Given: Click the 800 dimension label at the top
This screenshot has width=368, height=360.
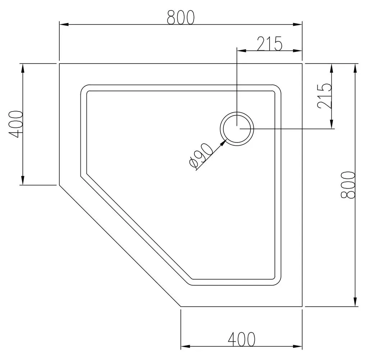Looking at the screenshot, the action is click(x=181, y=17).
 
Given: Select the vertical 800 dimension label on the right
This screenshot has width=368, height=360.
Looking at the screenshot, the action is click(x=348, y=185).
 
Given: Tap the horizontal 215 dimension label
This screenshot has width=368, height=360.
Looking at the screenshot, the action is click(x=270, y=44).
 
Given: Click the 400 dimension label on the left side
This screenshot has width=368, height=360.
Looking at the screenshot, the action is click(x=16, y=124).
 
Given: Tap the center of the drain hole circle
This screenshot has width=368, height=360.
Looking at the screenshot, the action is click(x=237, y=129).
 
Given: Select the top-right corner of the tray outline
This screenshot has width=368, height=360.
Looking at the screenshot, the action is click(x=302, y=63).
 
